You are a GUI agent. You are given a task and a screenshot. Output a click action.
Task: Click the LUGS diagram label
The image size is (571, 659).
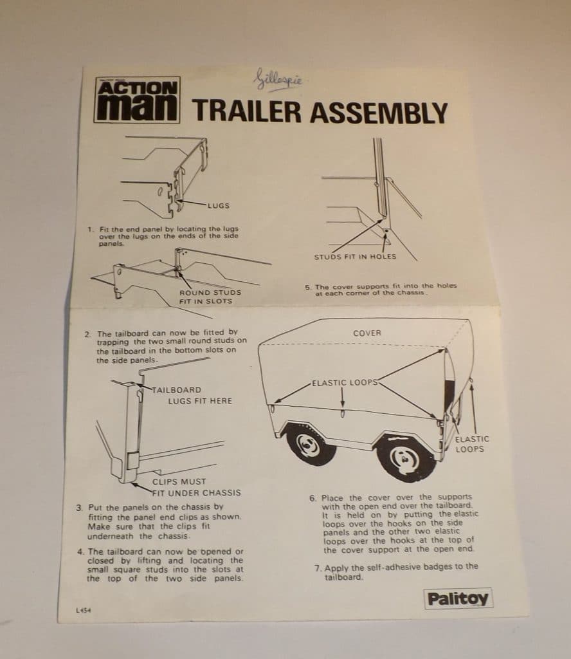(218, 206)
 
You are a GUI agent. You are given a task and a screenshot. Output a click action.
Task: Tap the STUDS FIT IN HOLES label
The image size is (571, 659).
(355, 257)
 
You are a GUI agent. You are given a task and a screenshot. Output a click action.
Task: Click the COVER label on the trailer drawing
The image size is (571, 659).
(367, 333)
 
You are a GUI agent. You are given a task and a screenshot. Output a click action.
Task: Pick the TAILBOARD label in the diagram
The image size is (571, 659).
(176, 390)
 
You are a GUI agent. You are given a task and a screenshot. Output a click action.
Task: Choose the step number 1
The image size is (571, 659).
(90, 229)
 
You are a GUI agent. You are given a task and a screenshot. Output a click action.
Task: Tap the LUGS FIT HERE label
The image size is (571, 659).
(200, 401)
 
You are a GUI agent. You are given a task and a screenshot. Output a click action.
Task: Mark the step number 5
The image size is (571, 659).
(307, 286)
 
